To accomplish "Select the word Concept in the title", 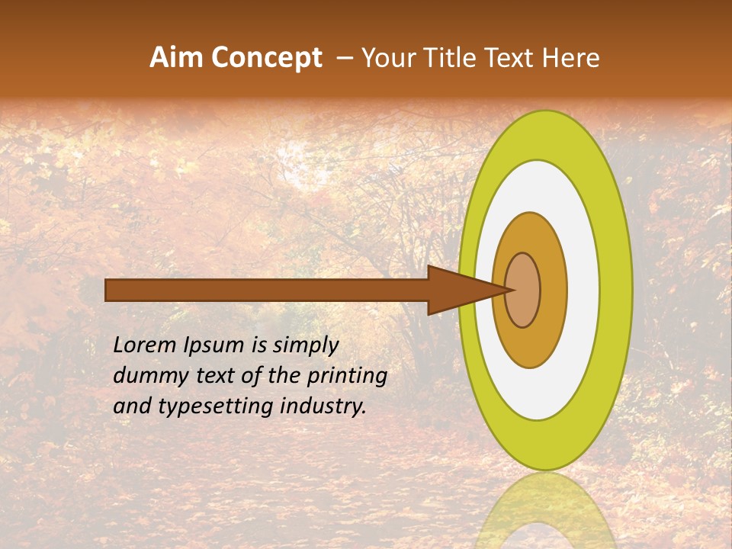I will (x=266, y=58).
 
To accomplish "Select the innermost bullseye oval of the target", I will (x=523, y=290).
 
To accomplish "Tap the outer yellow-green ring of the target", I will (x=618, y=290).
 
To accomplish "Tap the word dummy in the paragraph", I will (x=144, y=377).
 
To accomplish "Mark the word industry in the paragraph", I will (x=328, y=407).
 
